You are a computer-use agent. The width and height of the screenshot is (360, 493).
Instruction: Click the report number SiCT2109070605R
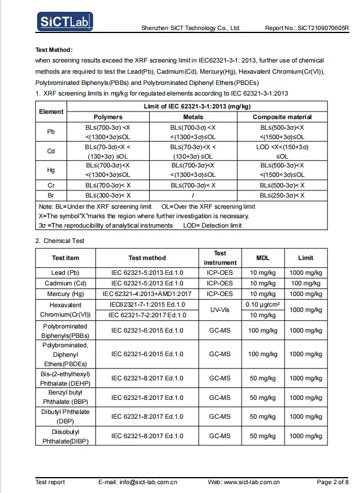point(324,28)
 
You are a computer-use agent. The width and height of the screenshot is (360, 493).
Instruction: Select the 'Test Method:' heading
point(54,50)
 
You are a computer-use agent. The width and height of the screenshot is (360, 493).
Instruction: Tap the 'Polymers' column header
point(108,117)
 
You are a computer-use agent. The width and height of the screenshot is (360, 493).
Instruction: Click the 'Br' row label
point(51,195)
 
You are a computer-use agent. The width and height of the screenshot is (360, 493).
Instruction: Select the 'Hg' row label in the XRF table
point(51,170)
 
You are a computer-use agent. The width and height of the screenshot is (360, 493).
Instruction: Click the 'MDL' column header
point(263,258)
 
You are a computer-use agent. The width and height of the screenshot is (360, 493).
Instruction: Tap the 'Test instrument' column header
point(220,258)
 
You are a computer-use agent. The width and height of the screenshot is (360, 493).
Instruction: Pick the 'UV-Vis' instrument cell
point(220,310)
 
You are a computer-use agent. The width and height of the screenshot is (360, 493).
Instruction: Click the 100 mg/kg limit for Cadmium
point(306,283)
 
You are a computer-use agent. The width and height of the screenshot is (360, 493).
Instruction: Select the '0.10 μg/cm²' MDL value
point(263,304)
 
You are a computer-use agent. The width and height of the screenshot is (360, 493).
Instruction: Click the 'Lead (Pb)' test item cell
point(65,272)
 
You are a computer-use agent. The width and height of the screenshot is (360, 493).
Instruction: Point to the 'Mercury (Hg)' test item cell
point(65,294)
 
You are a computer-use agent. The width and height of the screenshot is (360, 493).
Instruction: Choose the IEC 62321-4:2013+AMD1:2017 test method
point(147,294)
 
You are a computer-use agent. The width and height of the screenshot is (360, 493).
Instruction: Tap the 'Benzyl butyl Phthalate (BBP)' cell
point(65,397)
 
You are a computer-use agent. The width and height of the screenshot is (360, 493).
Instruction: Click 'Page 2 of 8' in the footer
point(333,482)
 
